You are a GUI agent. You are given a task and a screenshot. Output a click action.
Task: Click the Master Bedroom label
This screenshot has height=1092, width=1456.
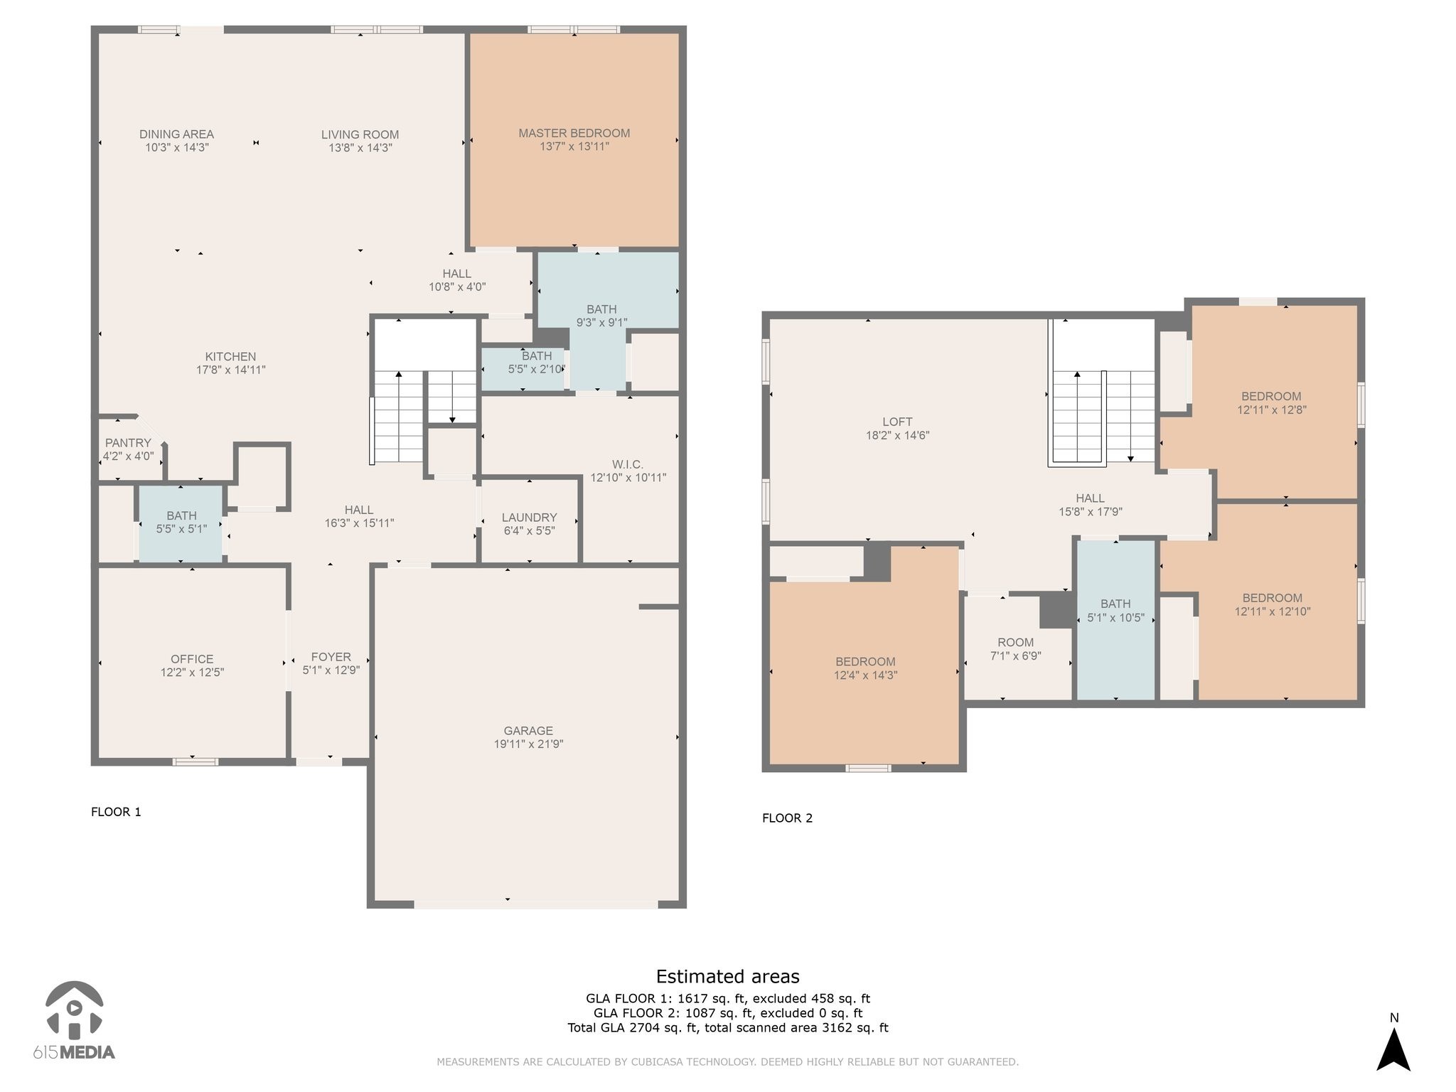click(574, 133)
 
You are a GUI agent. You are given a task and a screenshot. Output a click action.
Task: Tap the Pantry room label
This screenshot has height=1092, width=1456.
click(128, 443)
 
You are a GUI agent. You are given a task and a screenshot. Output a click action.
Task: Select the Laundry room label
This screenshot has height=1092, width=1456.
click(529, 518)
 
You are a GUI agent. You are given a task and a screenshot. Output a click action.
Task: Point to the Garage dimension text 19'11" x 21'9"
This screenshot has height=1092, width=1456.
click(528, 744)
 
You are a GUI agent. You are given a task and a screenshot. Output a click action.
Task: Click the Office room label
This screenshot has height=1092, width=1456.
click(192, 659)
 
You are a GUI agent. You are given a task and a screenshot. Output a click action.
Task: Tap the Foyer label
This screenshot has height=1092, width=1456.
click(331, 657)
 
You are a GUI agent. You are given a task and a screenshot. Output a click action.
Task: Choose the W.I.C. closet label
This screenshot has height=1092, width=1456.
click(627, 464)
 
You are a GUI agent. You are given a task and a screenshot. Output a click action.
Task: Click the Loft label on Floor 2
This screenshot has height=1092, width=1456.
click(897, 422)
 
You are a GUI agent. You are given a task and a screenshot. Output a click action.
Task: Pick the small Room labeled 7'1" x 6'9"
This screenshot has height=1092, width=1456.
click(1015, 649)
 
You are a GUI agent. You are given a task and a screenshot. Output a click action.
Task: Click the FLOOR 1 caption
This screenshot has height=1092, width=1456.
click(116, 812)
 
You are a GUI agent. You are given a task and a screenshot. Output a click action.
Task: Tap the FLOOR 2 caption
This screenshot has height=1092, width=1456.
click(787, 818)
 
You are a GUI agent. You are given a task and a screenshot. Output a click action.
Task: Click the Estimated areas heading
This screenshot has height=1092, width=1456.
click(727, 976)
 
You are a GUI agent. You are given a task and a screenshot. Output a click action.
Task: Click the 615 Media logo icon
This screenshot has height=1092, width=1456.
click(75, 1010)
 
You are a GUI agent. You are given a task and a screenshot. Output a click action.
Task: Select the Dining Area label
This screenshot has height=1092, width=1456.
click(176, 134)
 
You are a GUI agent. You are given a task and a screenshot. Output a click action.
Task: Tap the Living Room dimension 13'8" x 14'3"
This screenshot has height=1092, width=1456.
click(360, 148)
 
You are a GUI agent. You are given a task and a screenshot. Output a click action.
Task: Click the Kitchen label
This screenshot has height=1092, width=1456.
click(230, 357)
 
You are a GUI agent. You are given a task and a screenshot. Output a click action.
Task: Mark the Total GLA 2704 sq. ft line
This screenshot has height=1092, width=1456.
click(728, 1027)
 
